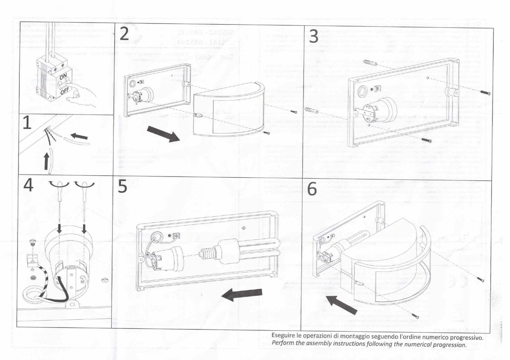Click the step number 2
click(124, 34)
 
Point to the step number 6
click(312, 189)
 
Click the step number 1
click(27, 123)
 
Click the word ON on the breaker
click(63, 77)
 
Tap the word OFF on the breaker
click(65, 91)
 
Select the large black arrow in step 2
click(164, 134)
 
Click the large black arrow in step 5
click(242, 294)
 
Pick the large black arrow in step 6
click(341, 304)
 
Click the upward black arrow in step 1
click(47, 161)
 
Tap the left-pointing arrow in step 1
click(79, 137)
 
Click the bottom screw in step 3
click(427, 140)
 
